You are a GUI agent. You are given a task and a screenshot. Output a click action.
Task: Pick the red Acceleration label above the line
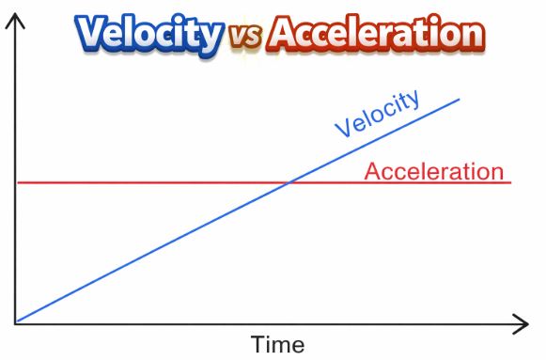[x=433, y=171]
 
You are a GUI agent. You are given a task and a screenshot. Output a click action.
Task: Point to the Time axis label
[x=277, y=344]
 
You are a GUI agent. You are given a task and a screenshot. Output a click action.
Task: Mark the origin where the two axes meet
[x=15, y=324]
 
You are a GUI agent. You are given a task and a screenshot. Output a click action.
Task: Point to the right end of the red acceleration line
[x=510, y=182]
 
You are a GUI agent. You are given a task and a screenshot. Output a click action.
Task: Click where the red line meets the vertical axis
[x=16, y=182]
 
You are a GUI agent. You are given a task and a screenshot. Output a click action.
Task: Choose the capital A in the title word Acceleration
[x=284, y=35]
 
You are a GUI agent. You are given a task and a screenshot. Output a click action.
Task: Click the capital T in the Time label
[x=257, y=344]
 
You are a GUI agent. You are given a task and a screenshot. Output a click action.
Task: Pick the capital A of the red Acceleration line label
[x=372, y=171]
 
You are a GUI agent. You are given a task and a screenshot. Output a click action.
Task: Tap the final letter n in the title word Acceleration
[x=472, y=37]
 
